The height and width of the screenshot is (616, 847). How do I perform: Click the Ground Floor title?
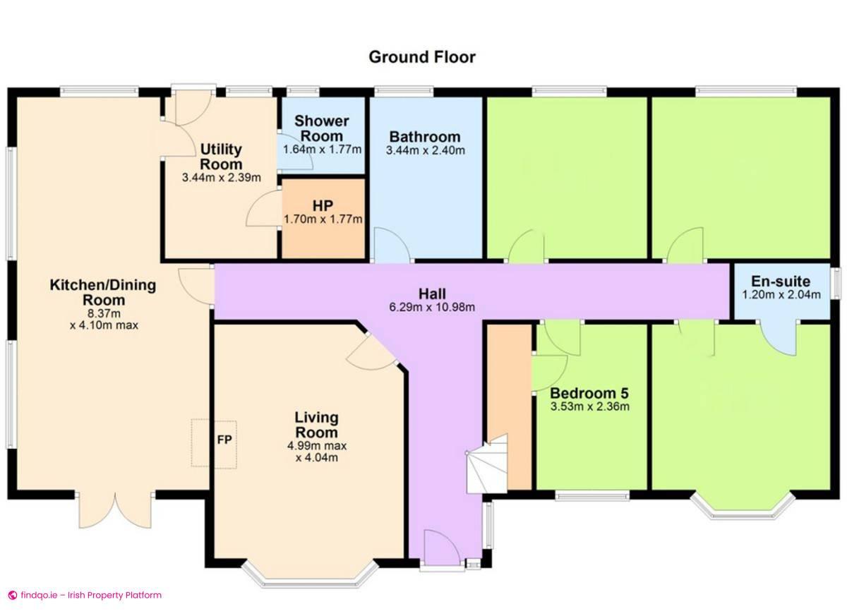pos(422,56)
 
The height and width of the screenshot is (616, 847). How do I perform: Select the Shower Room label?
pos(322,128)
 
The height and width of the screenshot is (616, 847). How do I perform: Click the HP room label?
pos(323,205)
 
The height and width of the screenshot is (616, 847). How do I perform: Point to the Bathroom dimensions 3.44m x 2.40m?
pos(425,150)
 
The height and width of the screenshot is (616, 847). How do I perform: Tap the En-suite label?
pos(781,280)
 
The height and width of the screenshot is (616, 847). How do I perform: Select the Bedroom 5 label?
pos(589,393)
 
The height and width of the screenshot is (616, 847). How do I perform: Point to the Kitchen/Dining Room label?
pos(103,293)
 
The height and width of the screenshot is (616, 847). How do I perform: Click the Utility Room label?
pos(221,157)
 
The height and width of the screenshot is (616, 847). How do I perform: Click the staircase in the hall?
pos(486,466)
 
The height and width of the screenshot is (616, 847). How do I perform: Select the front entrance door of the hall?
pos(440,550)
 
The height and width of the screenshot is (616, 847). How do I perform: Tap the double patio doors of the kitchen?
pos(114,509)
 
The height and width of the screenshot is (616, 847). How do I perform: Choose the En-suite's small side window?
pos(835,287)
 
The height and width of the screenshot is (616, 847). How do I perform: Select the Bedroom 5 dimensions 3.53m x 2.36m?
pos(589,406)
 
